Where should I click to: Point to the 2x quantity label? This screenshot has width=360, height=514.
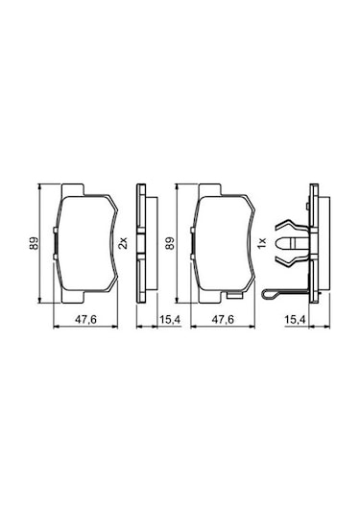click(x=123, y=243)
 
